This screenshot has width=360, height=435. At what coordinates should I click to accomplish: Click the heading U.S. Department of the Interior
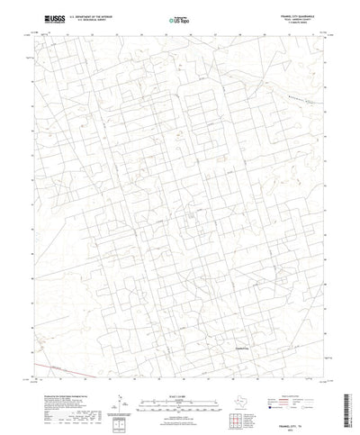pyautogui.click(x=94, y=14)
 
